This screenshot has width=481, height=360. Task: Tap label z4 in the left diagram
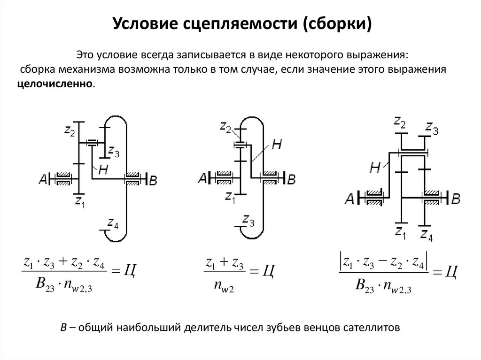click(113, 223)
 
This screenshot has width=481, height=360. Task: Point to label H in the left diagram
click(103, 171)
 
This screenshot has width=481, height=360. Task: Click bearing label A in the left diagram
click(43, 178)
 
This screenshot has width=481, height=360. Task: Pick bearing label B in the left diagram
click(153, 179)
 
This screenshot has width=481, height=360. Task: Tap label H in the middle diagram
click(277, 145)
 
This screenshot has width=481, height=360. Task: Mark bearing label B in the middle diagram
click(291, 179)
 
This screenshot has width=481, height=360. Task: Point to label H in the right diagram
click(375, 168)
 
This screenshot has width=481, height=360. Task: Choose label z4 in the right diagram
click(427, 234)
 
